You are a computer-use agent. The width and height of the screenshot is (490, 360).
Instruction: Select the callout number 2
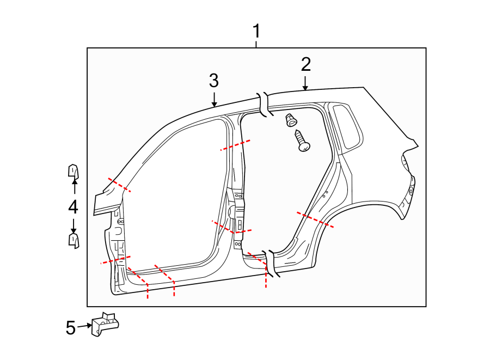(x=305, y=64)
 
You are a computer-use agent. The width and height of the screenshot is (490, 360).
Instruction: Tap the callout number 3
(x=214, y=81)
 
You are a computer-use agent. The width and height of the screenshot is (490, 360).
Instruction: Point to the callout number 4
(x=73, y=207)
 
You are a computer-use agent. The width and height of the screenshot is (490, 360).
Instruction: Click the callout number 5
(x=70, y=328)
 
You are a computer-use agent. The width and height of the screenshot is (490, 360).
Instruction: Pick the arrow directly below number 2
(x=305, y=83)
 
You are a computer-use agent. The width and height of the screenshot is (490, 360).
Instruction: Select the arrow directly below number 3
(x=214, y=99)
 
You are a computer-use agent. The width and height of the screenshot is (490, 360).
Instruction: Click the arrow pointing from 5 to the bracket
(x=84, y=326)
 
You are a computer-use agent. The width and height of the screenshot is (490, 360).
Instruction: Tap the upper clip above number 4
(x=73, y=172)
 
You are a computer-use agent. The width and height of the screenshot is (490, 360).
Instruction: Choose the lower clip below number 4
(x=73, y=240)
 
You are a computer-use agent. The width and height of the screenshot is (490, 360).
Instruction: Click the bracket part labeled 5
(x=105, y=323)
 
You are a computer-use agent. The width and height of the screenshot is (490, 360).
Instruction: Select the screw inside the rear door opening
(x=302, y=141)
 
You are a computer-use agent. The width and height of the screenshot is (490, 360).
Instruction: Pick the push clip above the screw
(x=291, y=119)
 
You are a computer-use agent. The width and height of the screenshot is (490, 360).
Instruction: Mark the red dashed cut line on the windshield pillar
(x=119, y=185)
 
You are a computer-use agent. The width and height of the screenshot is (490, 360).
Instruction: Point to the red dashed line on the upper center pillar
(x=235, y=145)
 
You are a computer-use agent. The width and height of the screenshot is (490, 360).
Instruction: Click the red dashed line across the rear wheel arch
(x=315, y=219)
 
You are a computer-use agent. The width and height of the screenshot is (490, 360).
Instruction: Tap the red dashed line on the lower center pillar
(x=231, y=227)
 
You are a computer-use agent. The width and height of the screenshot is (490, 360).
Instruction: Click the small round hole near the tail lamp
(x=411, y=191)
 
